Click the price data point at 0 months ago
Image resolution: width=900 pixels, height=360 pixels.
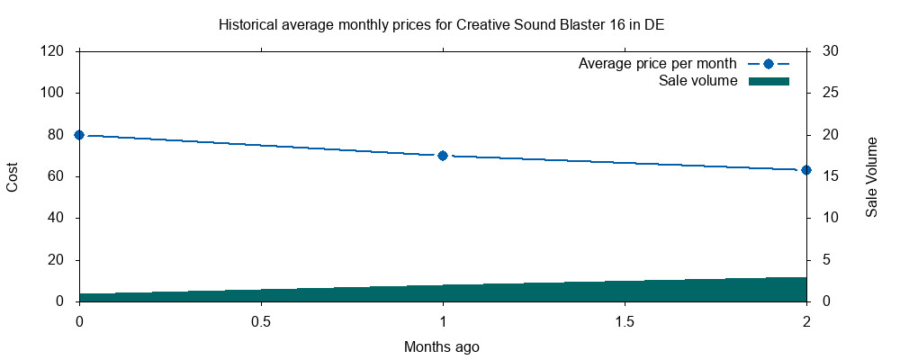[x=79, y=135]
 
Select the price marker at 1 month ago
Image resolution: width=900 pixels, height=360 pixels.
[x=443, y=156]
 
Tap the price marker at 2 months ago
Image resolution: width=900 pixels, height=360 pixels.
[x=806, y=170]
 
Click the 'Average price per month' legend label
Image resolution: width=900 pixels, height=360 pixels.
[x=658, y=64]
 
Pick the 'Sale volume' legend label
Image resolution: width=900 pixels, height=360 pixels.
[x=698, y=81]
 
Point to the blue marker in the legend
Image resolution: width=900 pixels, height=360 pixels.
[x=768, y=64]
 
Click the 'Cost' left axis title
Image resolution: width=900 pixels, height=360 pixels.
[x=13, y=176]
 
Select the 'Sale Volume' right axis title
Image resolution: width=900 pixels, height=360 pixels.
[x=871, y=177]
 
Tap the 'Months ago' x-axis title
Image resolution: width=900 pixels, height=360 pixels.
[x=442, y=346]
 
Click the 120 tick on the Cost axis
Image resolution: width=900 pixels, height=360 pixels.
[x=52, y=51]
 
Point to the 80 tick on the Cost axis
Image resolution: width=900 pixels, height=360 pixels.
[x=56, y=135]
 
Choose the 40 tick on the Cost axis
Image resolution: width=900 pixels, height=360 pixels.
[x=56, y=218]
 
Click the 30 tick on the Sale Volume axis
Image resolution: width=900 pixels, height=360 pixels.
[x=831, y=51]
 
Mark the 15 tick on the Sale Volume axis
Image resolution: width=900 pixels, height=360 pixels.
[x=831, y=176]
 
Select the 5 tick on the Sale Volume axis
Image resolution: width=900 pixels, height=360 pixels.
[x=827, y=260]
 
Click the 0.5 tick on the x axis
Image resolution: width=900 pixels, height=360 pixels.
[x=261, y=321]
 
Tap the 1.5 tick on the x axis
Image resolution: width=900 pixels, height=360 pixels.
[x=625, y=321]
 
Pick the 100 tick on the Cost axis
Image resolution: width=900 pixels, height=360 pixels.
[x=52, y=93]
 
